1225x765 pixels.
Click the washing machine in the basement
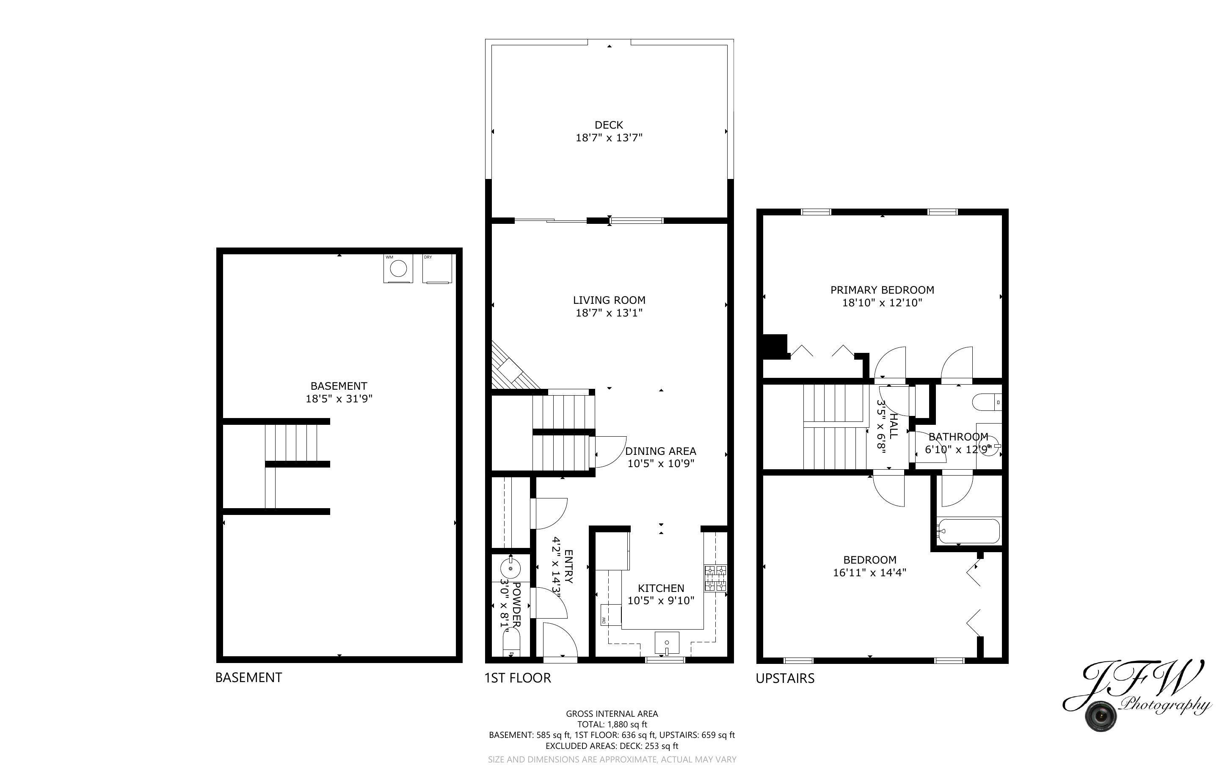tap(398, 269)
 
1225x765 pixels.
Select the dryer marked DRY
tap(437, 269)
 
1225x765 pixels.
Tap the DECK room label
tap(609, 124)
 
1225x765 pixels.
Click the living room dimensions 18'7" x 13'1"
tap(609, 313)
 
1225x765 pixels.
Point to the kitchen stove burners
tap(715, 578)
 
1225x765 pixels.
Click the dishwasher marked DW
tap(611, 615)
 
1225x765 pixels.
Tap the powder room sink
tap(511, 568)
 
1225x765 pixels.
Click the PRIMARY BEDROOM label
tap(882, 290)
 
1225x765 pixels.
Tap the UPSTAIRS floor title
tap(785, 678)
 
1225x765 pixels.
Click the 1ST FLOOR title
tap(517, 678)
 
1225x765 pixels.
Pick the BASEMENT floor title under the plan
tap(248, 677)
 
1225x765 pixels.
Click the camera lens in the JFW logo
tap(1101, 716)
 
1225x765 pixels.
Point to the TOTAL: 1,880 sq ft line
tap(612, 724)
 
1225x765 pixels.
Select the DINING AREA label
tap(660, 451)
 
